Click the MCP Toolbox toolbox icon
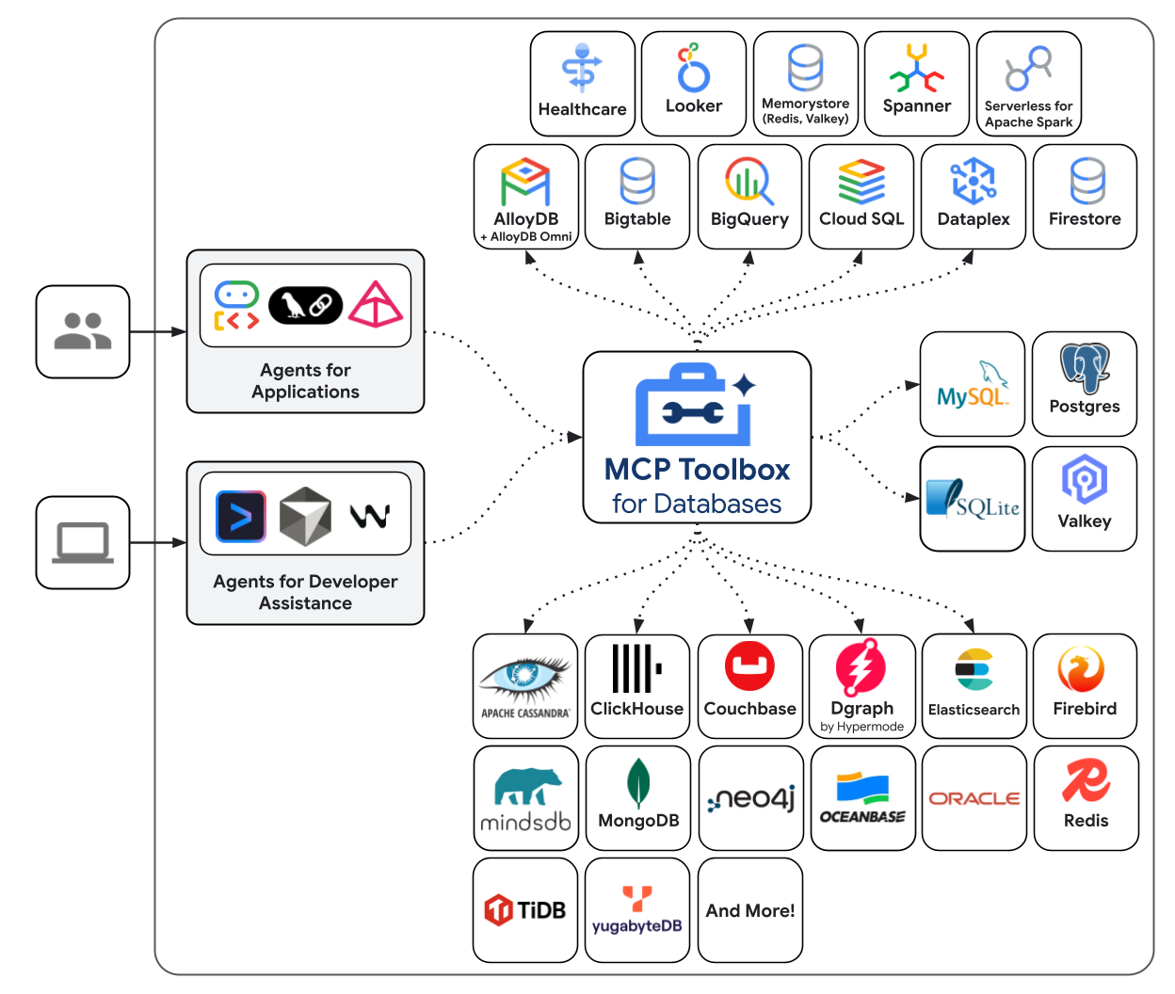(x=695, y=406)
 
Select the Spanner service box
(x=916, y=84)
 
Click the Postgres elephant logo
(x=1085, y=368)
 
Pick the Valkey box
(x=1085, y=498)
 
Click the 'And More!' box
(x=750, y=910)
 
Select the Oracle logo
(x=974, y=798)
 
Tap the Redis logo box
(x=1086, y=798)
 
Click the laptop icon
(x=83, y=542)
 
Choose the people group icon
(x=83, y=331)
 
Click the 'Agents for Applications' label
(x=305, y=381)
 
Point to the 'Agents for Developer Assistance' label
(x=305, y=592)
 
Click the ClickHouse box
(x=637, y=685)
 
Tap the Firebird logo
(x=1083, y=670)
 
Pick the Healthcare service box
(x=582, y=84)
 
